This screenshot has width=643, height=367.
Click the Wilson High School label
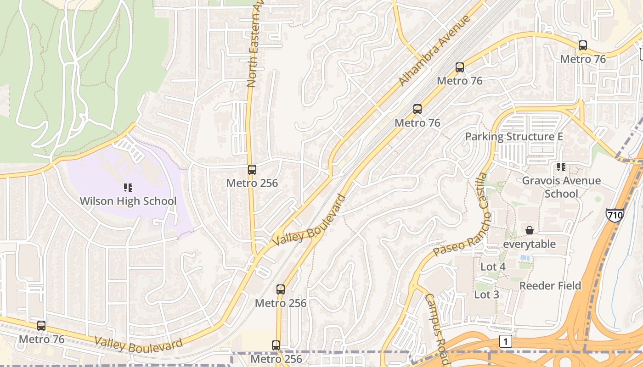(128, 201)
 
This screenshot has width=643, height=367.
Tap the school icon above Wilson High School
(128, 187)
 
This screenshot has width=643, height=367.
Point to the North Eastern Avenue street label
(254, 44)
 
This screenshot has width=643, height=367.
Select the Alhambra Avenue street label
(434, 50)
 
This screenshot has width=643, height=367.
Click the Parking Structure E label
(514, 137)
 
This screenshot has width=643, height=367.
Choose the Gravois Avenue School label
(561, 187)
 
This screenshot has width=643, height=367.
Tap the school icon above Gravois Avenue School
(561, 167)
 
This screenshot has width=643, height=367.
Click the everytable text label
(530, 244)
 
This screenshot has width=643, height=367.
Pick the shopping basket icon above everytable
(530, 230)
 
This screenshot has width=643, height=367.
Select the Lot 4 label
(493, 267)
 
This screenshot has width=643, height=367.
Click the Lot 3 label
(486, 295)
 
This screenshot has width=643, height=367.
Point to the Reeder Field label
(550, 286)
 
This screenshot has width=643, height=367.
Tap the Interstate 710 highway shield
(615, 215)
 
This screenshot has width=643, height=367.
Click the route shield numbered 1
(506, 341)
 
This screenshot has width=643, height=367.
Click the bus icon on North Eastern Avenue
(252, 170)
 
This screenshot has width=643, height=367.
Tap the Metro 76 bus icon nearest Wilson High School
(41, 326)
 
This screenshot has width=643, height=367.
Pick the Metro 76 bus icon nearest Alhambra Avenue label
(460, 67)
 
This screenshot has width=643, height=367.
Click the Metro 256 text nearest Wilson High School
(252, 183)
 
